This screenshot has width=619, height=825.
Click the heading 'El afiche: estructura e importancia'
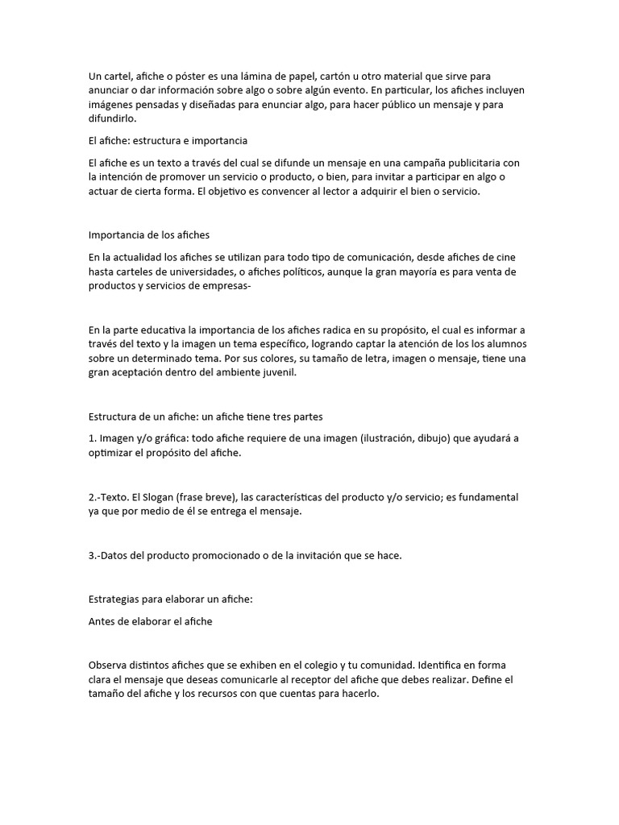(x=168, y=140)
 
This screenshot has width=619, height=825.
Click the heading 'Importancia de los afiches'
(x=149, y=235)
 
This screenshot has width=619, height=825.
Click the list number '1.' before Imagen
(x=93, y=438)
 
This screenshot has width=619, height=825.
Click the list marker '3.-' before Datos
(x=97, y=555)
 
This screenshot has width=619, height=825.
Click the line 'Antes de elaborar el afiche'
(x=150, y=621)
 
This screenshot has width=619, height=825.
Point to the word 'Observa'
(x=110, y=665)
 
